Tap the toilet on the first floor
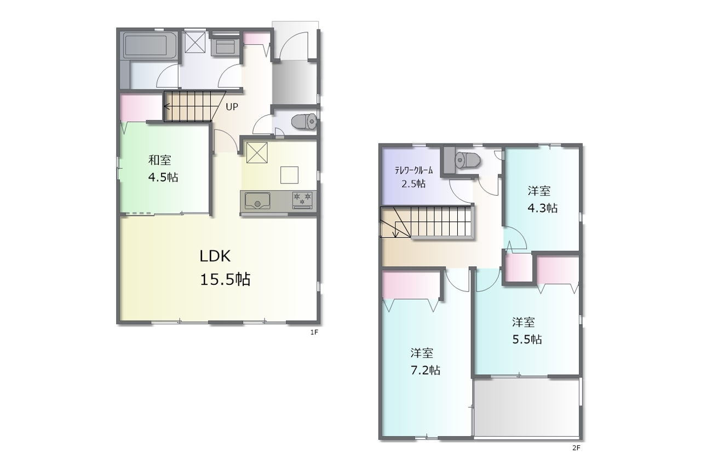304,122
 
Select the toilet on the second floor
468,159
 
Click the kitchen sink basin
257,201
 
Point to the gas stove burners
302,200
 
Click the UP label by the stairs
232,107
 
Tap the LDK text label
215,256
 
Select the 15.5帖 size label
225,279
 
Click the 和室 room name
159,160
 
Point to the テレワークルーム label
413,170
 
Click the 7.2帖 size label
426,370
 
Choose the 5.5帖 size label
527,340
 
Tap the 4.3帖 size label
542,208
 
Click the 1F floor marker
314,333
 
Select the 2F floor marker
576,448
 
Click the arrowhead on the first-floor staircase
167,107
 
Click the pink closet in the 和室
141,108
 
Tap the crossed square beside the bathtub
194,42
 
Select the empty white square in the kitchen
289,175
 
